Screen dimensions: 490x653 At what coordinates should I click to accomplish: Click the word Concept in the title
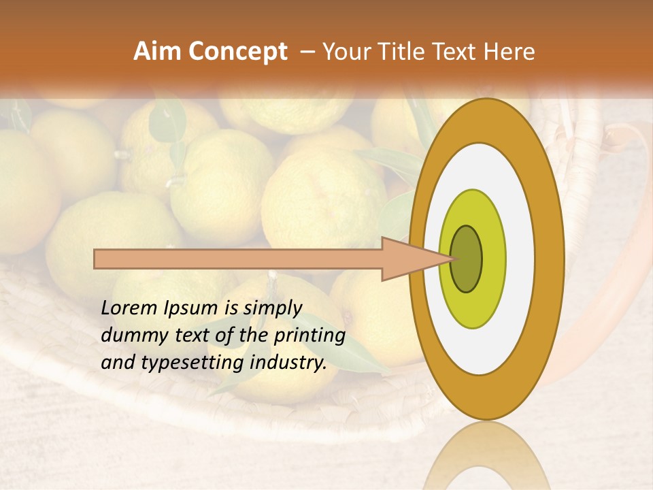tap(237, 52)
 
